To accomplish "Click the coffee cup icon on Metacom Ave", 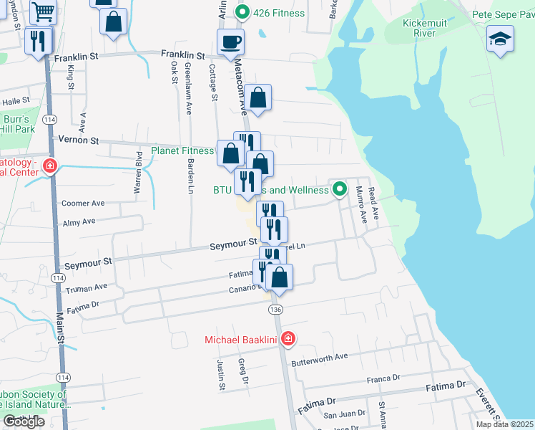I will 230,42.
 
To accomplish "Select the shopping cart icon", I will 44,12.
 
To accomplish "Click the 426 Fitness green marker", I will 242,12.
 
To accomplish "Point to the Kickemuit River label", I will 424,29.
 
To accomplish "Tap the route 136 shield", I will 276,309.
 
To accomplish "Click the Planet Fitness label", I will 182,150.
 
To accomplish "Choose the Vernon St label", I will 78,140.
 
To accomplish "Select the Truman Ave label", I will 86,287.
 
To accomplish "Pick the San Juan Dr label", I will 345,414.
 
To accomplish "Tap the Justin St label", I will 221,375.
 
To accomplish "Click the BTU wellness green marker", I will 339,190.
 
